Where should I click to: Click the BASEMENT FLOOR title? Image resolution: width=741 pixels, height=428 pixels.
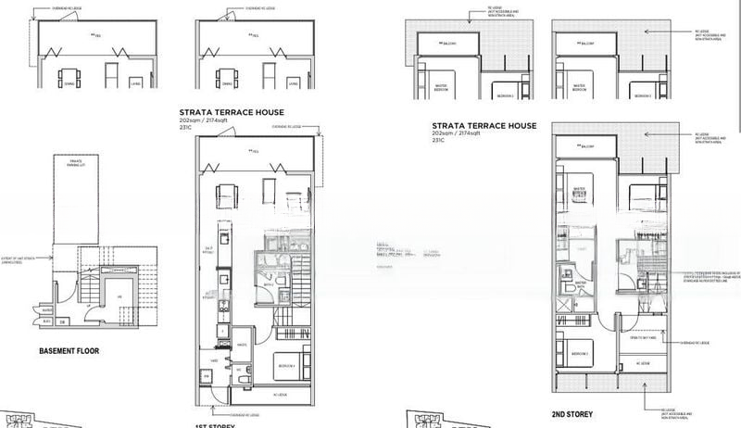tap(69, 351)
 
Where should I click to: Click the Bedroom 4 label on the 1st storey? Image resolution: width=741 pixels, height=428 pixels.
tap(284, 367)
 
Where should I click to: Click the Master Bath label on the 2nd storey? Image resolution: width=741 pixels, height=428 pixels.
tap(582, 284)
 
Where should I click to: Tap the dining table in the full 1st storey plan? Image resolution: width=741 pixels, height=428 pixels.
tap(225, 196)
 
